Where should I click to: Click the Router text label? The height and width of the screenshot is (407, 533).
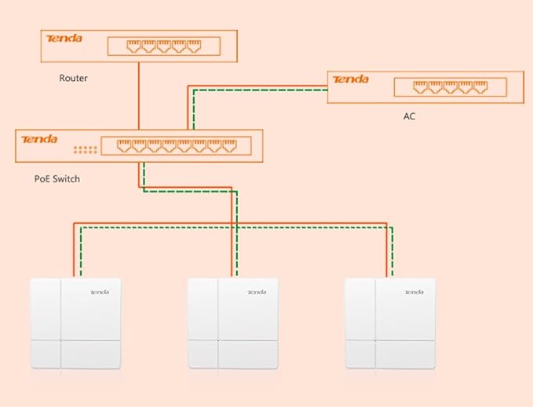point(73,79)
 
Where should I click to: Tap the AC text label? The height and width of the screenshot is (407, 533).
point(409,116)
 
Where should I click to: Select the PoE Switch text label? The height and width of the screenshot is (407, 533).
point(57,179)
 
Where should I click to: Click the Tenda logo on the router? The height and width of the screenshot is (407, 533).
point(64,38)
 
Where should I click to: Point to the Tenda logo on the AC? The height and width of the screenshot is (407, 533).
point(351,79)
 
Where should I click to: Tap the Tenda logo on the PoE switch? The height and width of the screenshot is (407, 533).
point(40,139)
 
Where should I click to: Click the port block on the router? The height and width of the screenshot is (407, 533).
point(158,46)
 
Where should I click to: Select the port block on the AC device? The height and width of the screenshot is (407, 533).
point(444,86)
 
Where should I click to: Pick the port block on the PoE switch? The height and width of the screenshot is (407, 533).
point(175,145)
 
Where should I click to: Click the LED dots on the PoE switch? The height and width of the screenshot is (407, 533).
point(84,149)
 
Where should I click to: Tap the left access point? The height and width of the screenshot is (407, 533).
point(75,323)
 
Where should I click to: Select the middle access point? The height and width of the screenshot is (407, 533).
point(232,323)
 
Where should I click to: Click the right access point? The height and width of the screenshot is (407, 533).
point(390,323)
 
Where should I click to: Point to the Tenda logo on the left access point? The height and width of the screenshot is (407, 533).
point(100,292)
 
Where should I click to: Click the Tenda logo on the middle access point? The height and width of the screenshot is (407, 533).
point(257,292)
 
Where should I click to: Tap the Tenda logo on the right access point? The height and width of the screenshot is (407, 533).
point(414,292)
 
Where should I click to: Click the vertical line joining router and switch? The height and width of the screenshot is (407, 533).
point(139,96)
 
